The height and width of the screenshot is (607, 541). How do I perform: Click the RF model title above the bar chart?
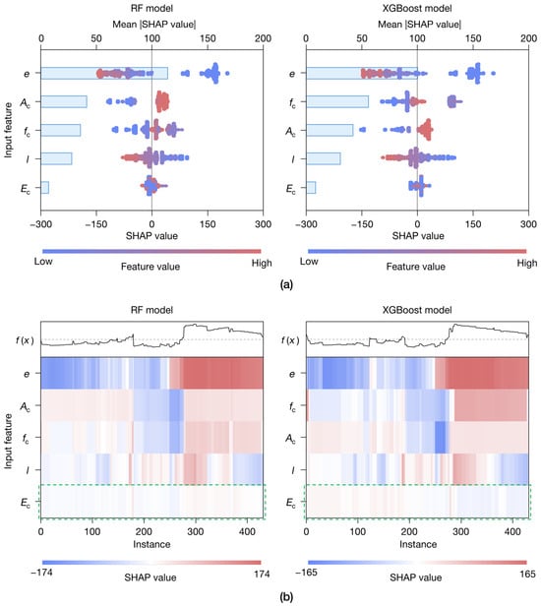tap(151, 8)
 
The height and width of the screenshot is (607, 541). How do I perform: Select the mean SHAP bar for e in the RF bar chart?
tap(104, 73)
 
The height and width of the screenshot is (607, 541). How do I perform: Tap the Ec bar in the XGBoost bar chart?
tap(311, 187)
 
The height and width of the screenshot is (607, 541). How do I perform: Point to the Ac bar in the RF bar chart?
tap(64, 101)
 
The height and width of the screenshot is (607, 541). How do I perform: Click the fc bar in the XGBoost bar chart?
tap(337, 101)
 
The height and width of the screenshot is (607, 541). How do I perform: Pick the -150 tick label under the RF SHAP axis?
tap(96, 224)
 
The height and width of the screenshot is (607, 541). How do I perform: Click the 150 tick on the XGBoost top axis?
tap(473, 38)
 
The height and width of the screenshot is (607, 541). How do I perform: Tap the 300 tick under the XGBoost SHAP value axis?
tap(528, 224)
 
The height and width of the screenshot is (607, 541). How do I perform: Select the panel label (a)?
tap(286, 285)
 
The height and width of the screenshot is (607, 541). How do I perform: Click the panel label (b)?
tap(286, 597)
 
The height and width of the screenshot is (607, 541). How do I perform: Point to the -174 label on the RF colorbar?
tap(41, 573)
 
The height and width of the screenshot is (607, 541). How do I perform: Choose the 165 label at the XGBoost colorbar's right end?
tap(527, 574)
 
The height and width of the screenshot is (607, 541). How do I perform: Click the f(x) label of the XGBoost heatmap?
tap(290, 340)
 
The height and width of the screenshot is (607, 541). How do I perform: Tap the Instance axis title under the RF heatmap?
tap(151, 544)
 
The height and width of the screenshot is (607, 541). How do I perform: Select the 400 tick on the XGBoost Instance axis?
tap(512, 531)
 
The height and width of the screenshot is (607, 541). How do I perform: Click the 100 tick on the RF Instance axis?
tap(92, 531)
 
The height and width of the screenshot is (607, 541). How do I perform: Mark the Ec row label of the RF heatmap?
tap(26, 503)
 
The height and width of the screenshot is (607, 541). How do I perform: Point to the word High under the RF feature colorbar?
tap(262, 264)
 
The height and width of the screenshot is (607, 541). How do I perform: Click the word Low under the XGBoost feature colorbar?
tap(309, 262)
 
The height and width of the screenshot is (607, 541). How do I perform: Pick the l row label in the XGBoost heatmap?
tap(292, 470)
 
